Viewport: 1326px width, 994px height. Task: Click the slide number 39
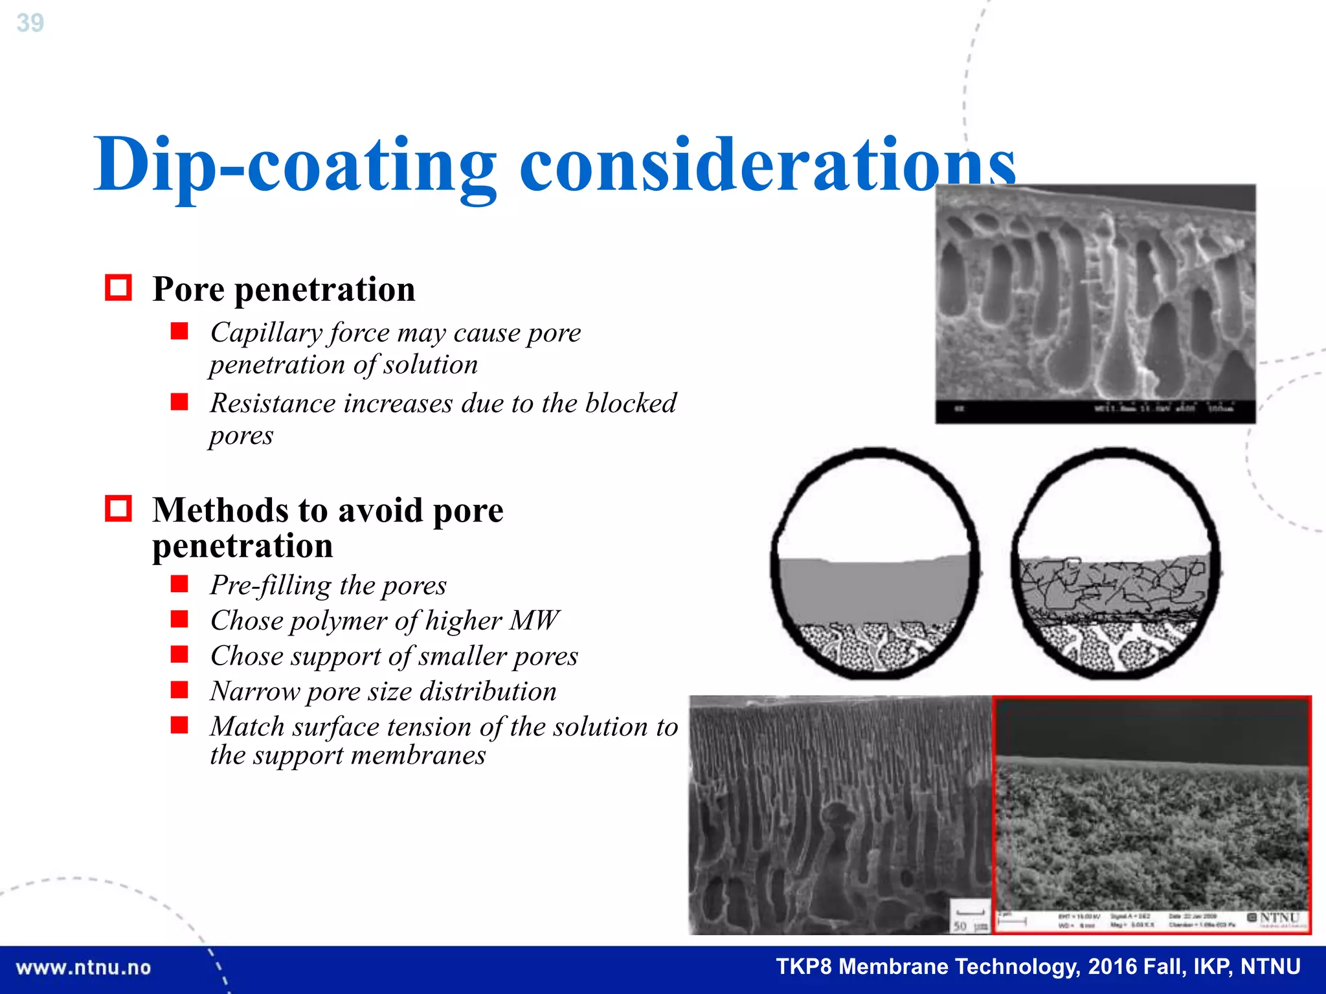(x=30, y=23)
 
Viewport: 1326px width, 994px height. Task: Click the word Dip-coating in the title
(x=295, y=165)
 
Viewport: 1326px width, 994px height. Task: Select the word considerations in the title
(x=767, y=165)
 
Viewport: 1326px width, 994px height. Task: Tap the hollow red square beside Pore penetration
(x=118, y=288)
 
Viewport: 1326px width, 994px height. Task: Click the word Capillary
(x=266, y=333)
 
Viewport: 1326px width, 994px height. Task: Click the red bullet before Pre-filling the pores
(x=179, y=584)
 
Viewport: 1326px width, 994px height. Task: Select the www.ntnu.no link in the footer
(x=84, y=967)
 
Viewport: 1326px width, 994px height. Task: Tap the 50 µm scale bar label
(x=969, y=925)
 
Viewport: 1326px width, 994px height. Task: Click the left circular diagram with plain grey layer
(x=875, y=563)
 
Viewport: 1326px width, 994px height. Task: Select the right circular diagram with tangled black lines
(x=1115, y=563)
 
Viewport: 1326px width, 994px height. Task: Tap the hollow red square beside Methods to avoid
(x=118, y=509)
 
